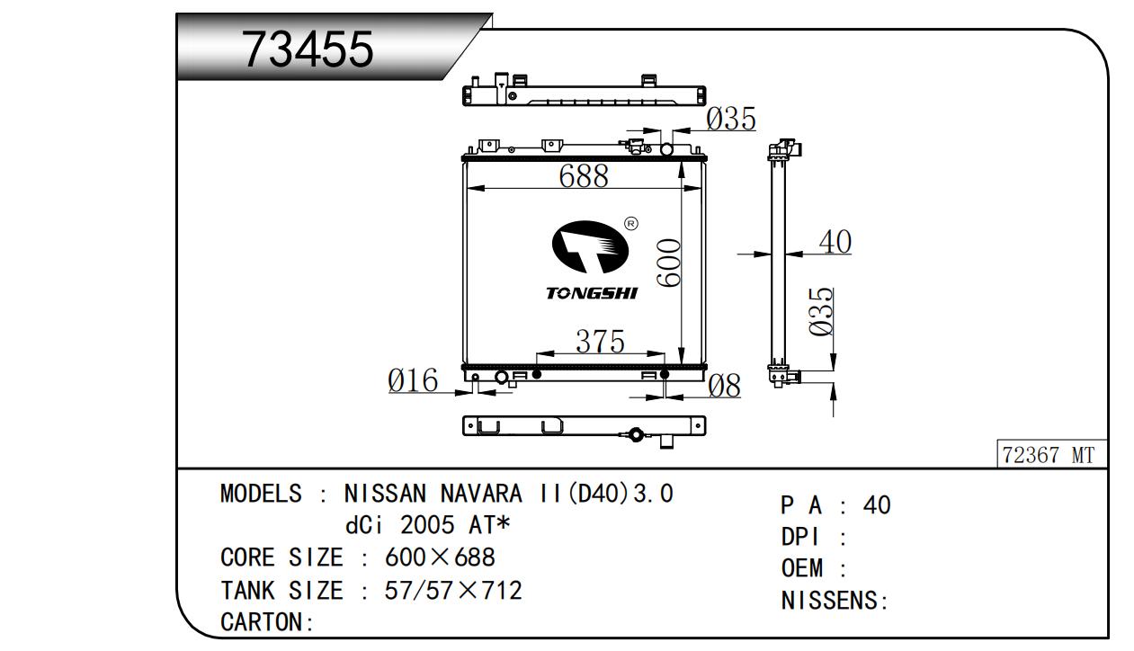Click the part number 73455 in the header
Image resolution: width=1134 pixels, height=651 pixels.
tap(308, 49)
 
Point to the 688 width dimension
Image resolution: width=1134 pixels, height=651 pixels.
tap(584, 175)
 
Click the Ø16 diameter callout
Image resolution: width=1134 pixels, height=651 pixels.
tap(413, 380)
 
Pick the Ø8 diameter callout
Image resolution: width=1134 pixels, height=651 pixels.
tap(725, 386)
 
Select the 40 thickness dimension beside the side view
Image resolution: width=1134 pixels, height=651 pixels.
tap(835, 242)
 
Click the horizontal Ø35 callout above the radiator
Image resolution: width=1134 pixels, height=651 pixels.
tap(730, 119)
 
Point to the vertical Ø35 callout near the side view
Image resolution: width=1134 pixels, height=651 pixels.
tap(821, 312)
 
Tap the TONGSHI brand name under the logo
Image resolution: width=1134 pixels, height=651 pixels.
tap(592, 293)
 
